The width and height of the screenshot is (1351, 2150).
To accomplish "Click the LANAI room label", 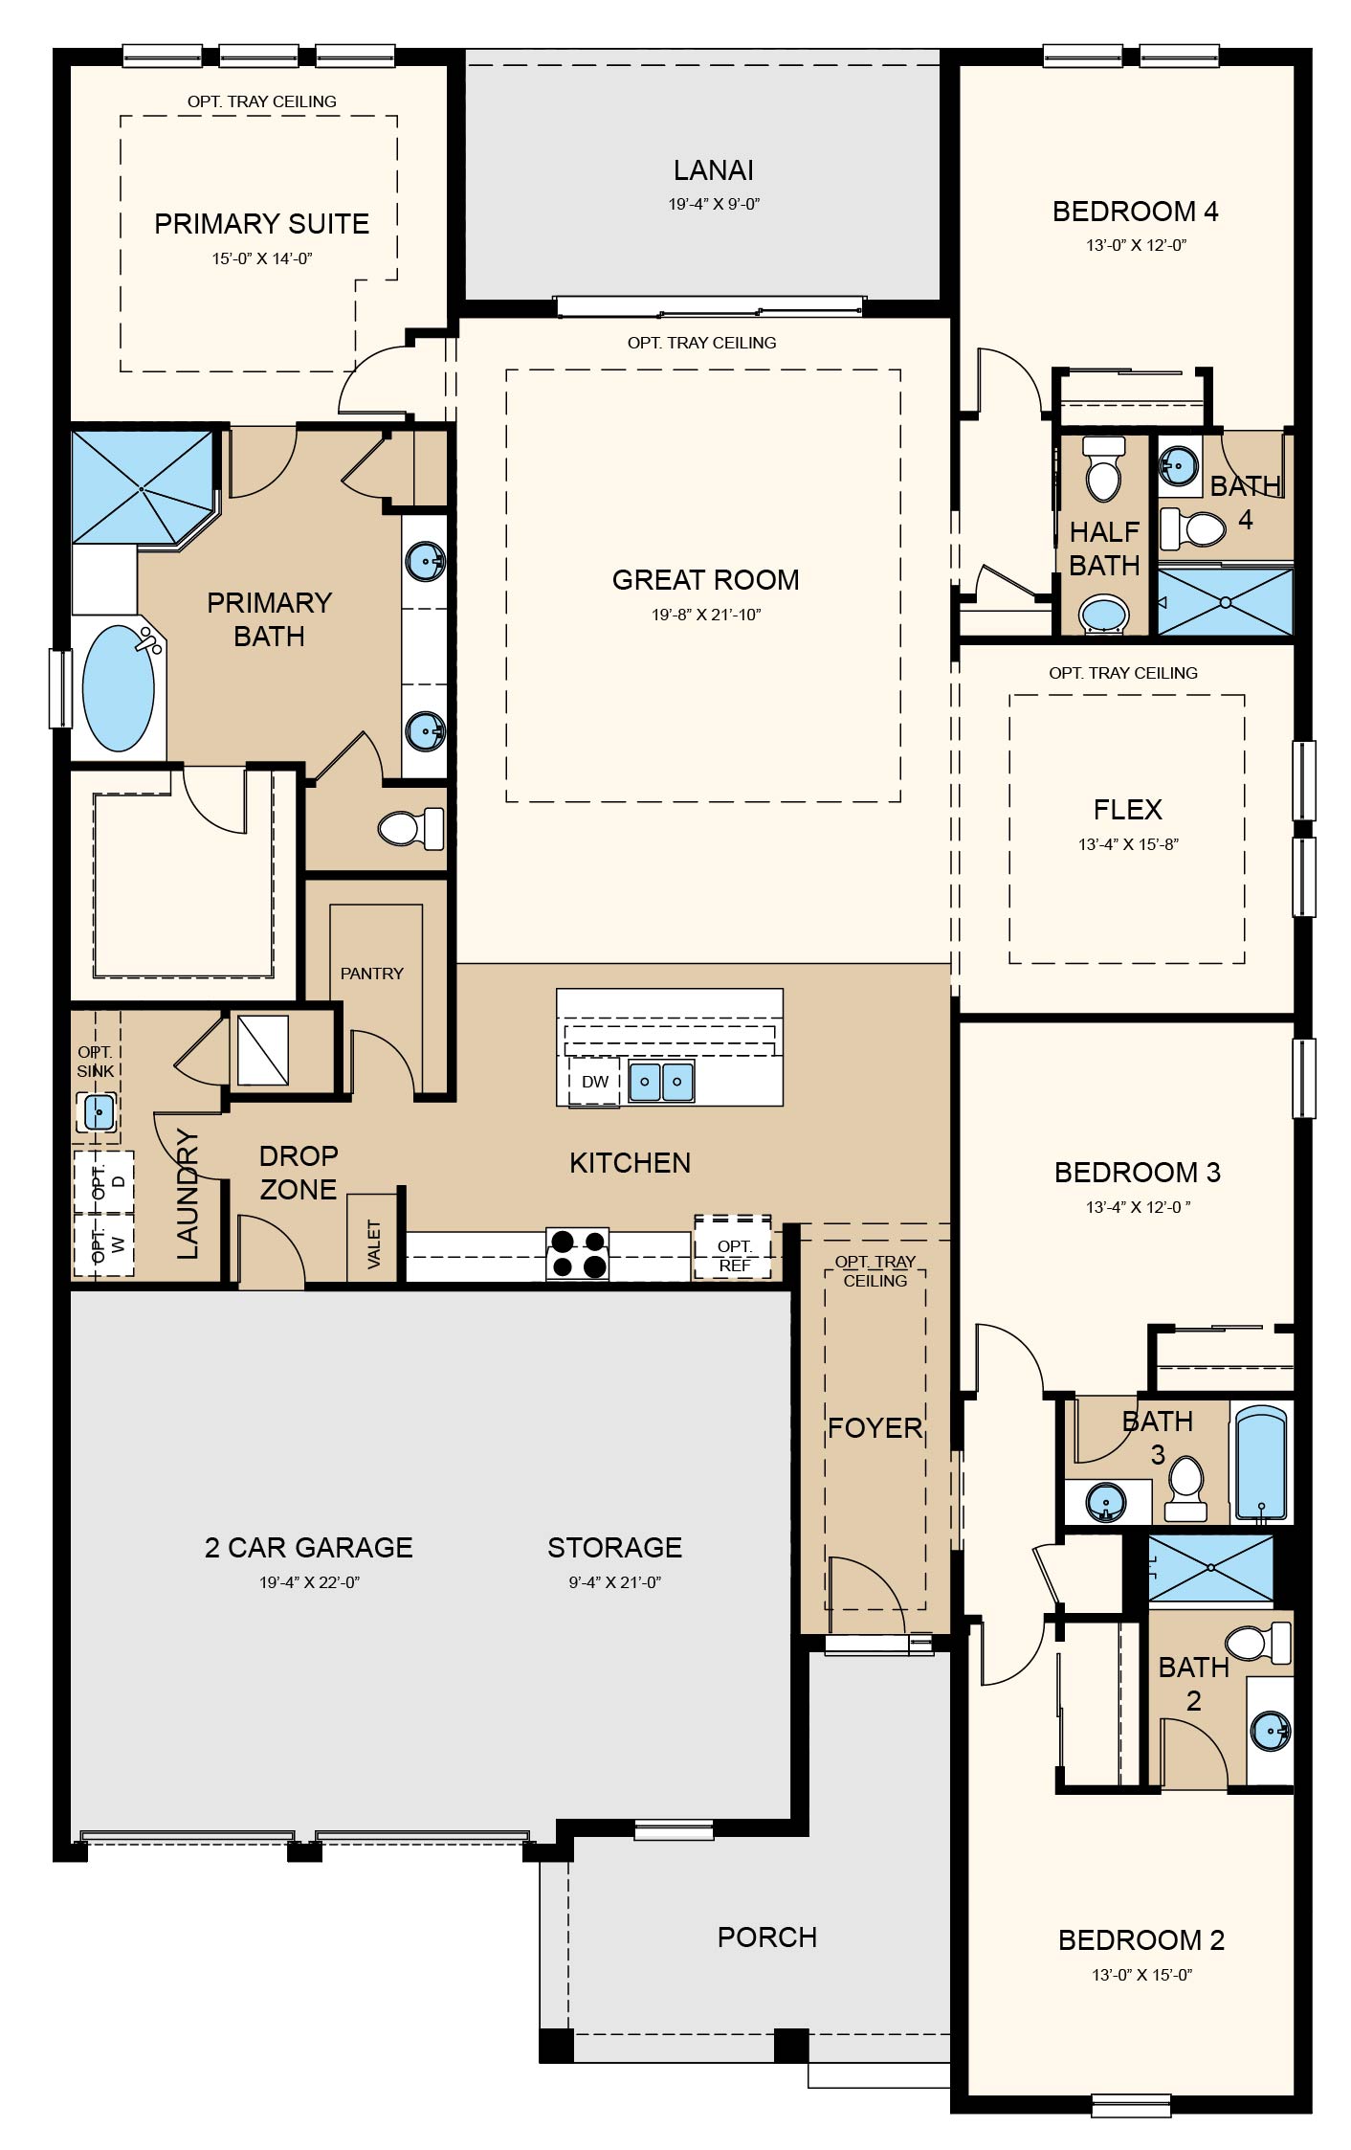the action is tap(713, 170).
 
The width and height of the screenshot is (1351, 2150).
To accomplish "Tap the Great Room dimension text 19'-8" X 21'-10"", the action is tap(706, 615).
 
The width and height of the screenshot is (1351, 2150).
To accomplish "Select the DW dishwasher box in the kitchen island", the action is tap(595, 1081).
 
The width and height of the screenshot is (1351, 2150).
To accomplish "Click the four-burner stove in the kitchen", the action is tap(577, 1254).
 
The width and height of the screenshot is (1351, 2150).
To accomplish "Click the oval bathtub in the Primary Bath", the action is tap(119, 687).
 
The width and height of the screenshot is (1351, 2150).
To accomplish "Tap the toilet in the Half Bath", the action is tap(1104, 468).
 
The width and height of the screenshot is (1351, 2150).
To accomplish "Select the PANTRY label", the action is tap(372, 974).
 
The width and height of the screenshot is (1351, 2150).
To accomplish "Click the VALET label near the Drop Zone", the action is tap(373, 1243).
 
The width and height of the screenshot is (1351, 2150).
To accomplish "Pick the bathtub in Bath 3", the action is tap(1261, 1463).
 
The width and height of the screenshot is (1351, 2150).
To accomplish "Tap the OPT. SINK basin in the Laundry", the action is tap(98, 1112).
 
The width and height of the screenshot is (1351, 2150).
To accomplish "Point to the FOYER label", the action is tap(875, 1427).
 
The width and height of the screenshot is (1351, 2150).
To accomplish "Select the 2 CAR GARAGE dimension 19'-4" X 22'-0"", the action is tap(309, 1582).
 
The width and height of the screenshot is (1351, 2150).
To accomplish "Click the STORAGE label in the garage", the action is tap(614, 1547).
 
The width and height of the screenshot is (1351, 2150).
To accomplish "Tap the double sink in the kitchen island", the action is tap(661, 1082).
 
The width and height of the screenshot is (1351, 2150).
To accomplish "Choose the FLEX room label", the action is tap(1127, 810).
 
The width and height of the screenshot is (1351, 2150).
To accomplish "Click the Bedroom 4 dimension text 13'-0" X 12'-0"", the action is tap(1136, 245).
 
